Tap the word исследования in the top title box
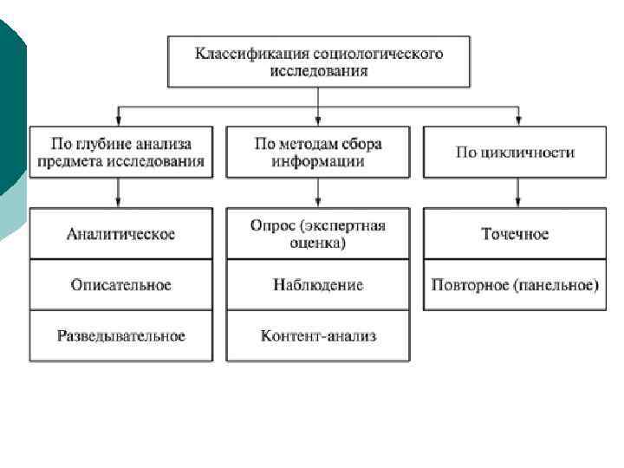click(x=318, y=71)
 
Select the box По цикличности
click(x=516, y=153)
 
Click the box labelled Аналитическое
click(x=120, y=234)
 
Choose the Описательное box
click(x=120, y=284)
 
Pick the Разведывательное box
click(x=120, y=335)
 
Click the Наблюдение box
click(x=318, y=284)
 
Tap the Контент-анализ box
click(x=318, y=335)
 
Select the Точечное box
click(x=516, y=234)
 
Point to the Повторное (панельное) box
click(x=516, y=284)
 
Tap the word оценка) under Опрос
click(x=318, y=244)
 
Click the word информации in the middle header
click(x=318, y=161)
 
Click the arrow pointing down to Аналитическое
click(x=120, y=195)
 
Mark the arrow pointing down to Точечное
click(x=517, y=195)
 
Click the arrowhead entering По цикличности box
click(x=517, y=120)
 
